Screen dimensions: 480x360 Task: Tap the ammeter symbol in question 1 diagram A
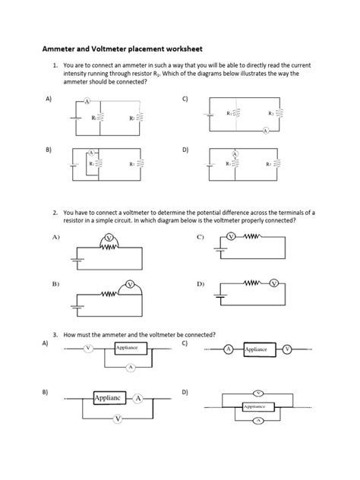click(x=87, y=102)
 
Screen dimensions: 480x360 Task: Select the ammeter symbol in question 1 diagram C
click(x=265, y=131)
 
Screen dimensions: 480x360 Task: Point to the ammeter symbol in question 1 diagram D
click(x=235, y=153)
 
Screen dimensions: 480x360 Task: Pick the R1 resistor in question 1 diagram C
click(x=238, y=113)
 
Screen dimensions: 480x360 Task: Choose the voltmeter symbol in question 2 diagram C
click(x=230, y=237)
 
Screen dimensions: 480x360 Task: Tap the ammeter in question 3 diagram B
click(x=137, y=398)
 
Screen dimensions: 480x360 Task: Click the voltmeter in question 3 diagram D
click(x=257, y=393)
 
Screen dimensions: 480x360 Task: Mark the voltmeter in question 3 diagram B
click(x=117, y=419)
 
